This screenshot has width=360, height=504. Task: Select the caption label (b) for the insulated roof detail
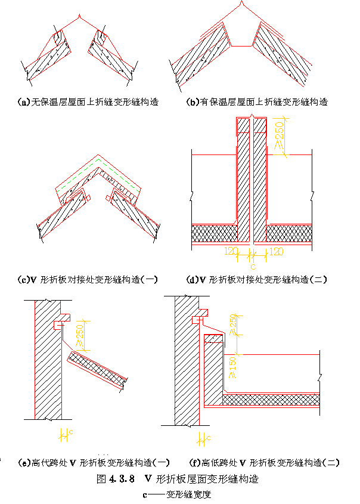coord(193,102)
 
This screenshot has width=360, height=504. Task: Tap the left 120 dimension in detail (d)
coord(231,251)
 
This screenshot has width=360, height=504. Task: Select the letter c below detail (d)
coord(253,266)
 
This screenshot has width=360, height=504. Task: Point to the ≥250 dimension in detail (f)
coord(234,326)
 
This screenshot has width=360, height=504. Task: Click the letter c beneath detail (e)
coord(71,431)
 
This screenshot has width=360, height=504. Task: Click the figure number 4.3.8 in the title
coord(123,478)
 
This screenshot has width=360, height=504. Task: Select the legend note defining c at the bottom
coord(178,494)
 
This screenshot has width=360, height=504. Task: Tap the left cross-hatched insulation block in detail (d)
coord(213,233)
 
